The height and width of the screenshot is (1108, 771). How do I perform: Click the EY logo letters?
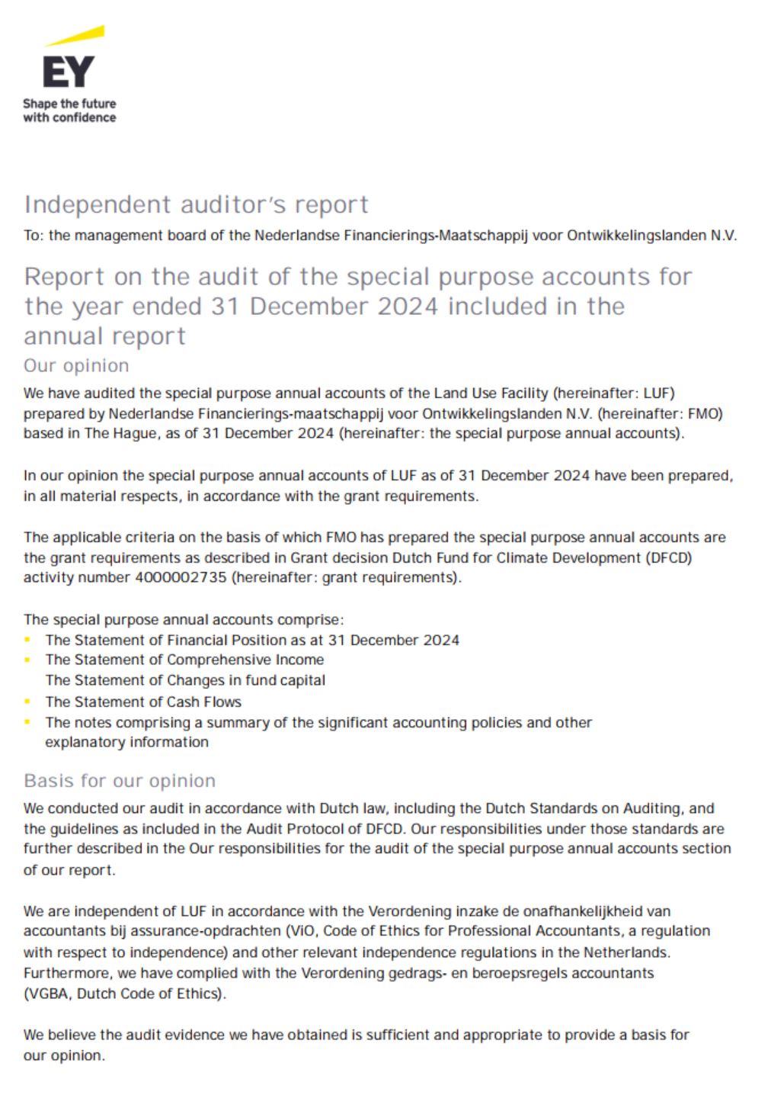68,72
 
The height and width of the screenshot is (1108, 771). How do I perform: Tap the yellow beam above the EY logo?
75,35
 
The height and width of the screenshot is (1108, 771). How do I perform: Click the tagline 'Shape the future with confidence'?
69,111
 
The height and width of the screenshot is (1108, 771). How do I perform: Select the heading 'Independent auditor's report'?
196,204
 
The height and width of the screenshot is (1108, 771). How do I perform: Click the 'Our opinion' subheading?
76,365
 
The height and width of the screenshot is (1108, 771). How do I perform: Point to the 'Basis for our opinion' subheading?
120,780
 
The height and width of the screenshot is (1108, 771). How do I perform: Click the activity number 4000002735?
181,577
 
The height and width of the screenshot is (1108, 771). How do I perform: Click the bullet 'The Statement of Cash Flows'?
143,702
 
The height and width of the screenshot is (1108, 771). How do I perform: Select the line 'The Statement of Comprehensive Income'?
184,660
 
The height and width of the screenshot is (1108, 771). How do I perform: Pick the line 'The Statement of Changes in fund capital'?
185,680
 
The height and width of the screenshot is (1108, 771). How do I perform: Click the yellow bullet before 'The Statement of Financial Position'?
28,640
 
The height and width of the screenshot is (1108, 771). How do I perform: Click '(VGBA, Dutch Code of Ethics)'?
125,994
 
